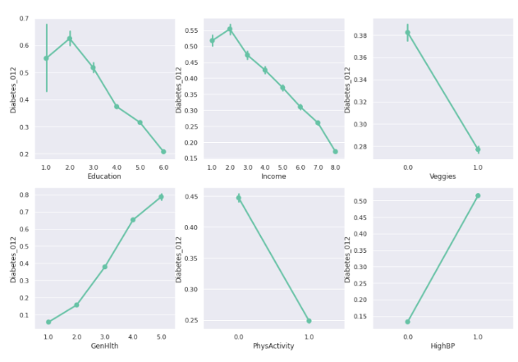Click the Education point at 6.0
163,152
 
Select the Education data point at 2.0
70,39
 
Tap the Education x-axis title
104,176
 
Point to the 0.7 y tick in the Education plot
24,19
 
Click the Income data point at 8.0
335,151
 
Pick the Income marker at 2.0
230,30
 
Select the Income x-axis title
273,176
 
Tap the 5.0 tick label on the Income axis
282,167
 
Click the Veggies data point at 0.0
407,33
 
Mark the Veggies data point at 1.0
478,149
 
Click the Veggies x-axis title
442,176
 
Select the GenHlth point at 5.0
161,197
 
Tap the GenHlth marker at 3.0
104,267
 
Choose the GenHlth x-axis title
104,346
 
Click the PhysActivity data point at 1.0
309,321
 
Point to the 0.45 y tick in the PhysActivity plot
190,197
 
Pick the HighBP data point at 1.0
478,196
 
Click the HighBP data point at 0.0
407,322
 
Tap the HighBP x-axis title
442,346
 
